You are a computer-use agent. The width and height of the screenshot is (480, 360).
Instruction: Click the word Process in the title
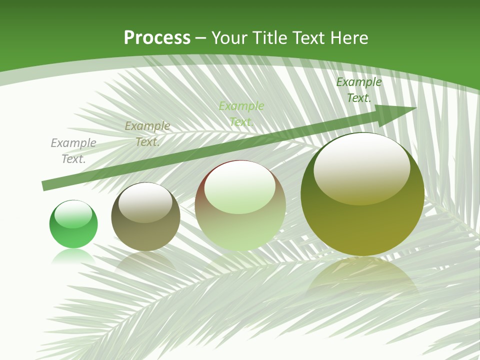[157, 37]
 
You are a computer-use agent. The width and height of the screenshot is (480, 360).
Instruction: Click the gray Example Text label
[73, 151]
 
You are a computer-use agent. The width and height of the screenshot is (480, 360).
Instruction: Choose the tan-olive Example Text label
[147, 134]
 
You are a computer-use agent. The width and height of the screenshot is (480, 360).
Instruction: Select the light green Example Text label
[241, 114]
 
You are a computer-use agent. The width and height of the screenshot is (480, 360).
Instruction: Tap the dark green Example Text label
[359, 90]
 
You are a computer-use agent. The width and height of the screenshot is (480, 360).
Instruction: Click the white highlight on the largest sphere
[361, 168]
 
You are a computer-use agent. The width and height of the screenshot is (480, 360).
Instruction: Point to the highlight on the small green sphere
[73, 214]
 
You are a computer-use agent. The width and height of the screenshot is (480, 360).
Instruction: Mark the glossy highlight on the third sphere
[240, 187]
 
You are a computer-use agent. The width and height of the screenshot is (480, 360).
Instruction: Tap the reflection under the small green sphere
[73, 256]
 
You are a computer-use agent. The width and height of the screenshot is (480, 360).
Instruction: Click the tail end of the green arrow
[46, 185]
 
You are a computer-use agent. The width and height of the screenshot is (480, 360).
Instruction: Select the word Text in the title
[309, 38]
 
